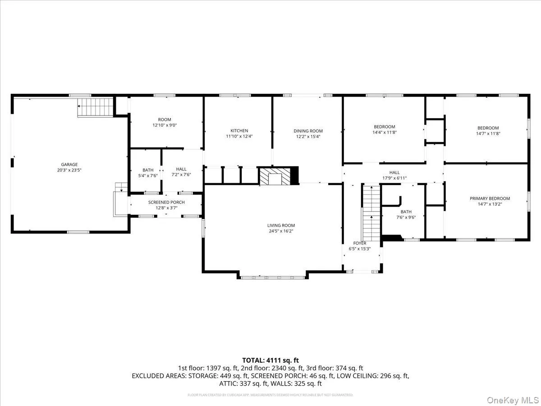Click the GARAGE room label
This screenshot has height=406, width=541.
(69, 165)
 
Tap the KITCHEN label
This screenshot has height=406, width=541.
(239, 131)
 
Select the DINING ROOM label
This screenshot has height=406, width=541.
(309, 131)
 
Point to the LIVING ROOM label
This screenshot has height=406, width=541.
(281, 226)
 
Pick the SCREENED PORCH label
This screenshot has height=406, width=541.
(166, 202)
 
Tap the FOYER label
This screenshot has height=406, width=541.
(360, 243)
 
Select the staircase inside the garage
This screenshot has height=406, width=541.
(96, 107)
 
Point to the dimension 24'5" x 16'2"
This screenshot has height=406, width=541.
(281, 231)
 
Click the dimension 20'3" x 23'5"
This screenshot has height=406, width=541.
(69, 171)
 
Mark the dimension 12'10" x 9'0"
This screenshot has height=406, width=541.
(165, 125)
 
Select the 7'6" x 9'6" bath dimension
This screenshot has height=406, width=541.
(406, 217)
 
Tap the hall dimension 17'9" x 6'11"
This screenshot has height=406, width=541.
(394, 178)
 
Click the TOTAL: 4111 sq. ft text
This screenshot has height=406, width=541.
(270, 360)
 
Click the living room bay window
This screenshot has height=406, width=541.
(273, 276)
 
